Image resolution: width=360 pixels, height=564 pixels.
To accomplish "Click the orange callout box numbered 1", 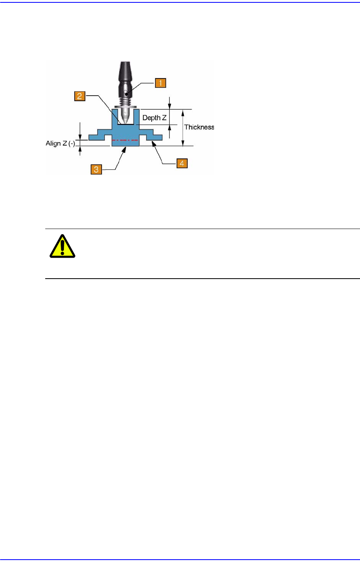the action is [x=160, y=83].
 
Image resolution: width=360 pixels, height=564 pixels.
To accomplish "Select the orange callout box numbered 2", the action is [x=79, y=96].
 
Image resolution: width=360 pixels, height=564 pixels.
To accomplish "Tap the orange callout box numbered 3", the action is [x=96, y=169].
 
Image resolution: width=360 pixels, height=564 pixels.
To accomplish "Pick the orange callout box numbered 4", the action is [x=182, y=163].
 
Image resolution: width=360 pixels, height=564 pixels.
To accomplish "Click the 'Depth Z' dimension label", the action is [x=154, y=118].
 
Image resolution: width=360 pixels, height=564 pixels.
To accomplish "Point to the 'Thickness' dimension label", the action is [x=199, y=127].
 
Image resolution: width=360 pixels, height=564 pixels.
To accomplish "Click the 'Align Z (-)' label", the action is [x=60, y=143].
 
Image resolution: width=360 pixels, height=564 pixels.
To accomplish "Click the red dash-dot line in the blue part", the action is [x=125, y=140].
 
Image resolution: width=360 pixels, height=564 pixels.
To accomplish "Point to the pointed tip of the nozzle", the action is [x=125, y=123].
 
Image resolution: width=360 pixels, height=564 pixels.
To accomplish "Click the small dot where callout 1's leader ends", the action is [x=125, y=94].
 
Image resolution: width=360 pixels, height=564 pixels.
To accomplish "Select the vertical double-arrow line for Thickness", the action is [x=183, y=127].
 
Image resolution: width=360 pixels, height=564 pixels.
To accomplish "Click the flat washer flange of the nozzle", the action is [x=125, y=107].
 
